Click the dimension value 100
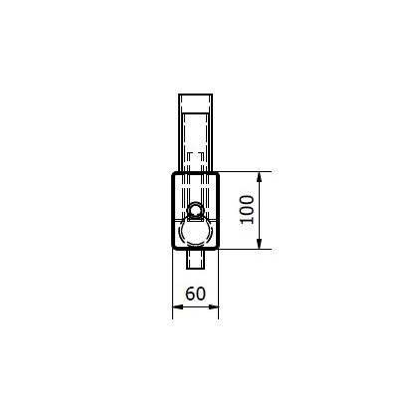[x=248, y=210]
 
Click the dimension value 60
[x=195, y=294]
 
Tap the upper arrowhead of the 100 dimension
[x=260, y=177]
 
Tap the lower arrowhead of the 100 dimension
[x=260, y=244]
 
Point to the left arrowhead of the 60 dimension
[x=178, y=307]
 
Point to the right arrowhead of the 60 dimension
[x=213, y=307]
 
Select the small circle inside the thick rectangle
[x=195, y=210]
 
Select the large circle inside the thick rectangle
[x=195, y=232]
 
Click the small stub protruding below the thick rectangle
[x=196, y=259]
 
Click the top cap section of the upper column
[x=196, y=103]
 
